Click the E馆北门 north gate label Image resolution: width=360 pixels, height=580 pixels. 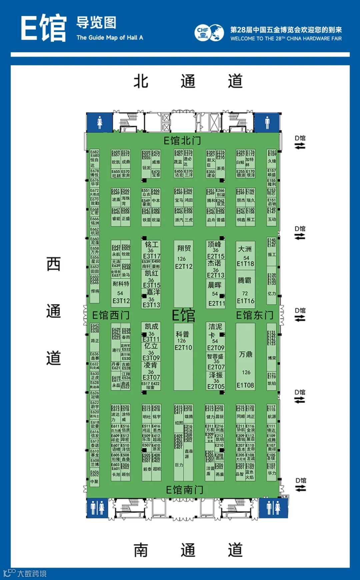[x=182, y=140]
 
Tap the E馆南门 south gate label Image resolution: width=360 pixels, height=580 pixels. [x=184, y=490]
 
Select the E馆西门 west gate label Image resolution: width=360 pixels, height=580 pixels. [x=111, y=315]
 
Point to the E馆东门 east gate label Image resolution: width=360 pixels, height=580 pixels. [x=255, y=315]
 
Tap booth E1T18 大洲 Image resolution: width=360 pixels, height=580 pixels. [x=245, y=256]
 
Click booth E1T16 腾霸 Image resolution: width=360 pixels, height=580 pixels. [x=245, y=290]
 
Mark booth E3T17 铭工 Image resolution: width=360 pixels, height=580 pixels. [x=151, y=250]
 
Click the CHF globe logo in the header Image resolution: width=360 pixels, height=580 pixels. [x=209, y=33]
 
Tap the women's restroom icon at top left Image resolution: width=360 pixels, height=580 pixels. [x=99, y=122]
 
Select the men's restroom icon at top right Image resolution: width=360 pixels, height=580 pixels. [x=267, y=122]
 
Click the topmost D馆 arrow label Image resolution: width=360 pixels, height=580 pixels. [x=300, y=142]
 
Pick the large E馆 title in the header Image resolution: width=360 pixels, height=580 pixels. [x=43, y=28]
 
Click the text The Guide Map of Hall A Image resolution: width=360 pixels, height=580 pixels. [x=110, y=38]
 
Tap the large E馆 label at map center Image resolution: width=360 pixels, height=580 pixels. [x=183, y=315]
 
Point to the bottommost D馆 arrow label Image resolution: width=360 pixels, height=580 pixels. [x=301, y=484]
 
